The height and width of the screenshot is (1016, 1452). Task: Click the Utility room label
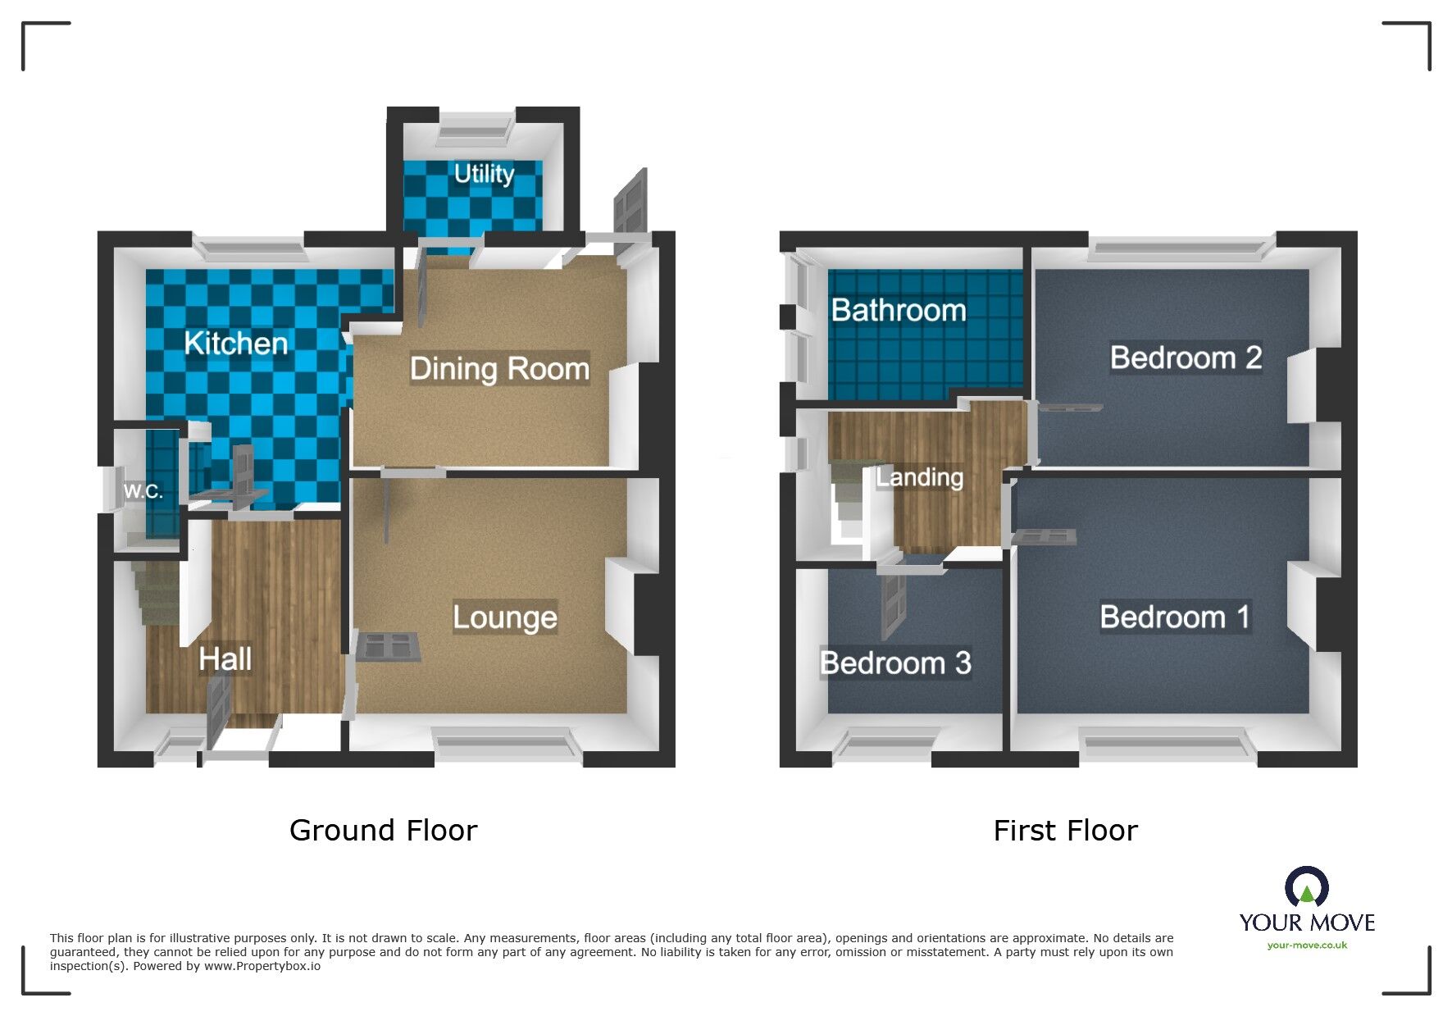coord(484,174)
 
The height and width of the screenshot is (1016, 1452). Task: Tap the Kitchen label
coord(236,343)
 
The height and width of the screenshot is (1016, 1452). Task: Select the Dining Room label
coord(499,369)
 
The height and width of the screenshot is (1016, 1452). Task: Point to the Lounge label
coord(504,617)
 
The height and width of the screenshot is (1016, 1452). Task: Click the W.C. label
coord(143,491)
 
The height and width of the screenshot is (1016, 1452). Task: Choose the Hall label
coord(225,659)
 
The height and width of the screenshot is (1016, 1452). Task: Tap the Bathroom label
coord(898,310)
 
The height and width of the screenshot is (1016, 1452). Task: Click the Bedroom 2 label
coord(1185,358)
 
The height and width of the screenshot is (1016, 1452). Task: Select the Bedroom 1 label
coord(1174,617)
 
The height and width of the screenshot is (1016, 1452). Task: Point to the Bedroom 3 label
coord(895,663)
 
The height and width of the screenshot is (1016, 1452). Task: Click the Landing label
coord(919,477)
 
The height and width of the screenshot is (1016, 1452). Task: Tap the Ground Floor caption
coord(383,831)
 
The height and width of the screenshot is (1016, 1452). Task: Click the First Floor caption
coord(1065,831)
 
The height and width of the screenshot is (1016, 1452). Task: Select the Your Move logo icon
coord(1306,888)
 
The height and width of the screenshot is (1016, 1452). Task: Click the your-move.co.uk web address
coord(1307,945)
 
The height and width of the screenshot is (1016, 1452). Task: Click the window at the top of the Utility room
coord(476,127)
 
